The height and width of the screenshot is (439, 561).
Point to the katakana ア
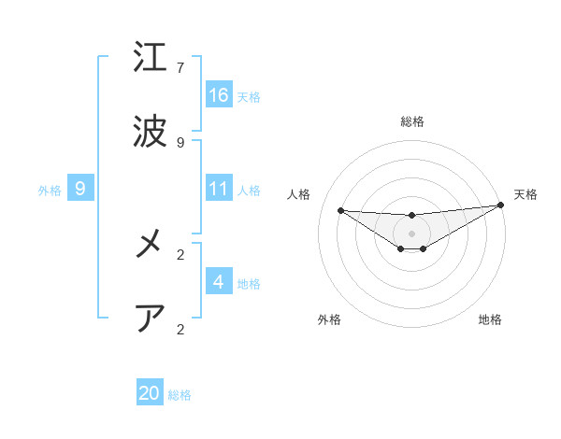pyautogui.click(x=151, y=319)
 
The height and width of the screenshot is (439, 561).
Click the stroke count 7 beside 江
pyautogui.click(x=180, y=68)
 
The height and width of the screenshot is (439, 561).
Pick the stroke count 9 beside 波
pyautogui.click(x=180, y=143)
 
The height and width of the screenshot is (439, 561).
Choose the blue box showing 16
pyautogui.click(x=219, y=94)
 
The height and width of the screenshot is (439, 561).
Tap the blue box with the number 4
pyautogui.click(x=219, y=281)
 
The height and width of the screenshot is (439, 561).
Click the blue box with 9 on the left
pyautogui.click(x=80, y=189)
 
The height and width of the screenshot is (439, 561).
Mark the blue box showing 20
pyautogui.click(x=150, y=393)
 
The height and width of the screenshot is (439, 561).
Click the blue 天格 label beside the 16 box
pyautogui.click(x=249, y=96)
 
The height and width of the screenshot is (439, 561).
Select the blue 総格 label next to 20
pyautogui.click(x=180, y=395)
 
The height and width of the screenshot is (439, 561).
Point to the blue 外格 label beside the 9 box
pyautogui.click(x=50, y=190)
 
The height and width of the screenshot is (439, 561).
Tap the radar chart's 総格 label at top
pyautogui.click(x=412, y=121)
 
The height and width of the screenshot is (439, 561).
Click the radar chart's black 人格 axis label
pyautogui.click(x=299, y=194)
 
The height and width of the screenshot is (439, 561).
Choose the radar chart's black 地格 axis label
pyautogui.click(x=490, y=319)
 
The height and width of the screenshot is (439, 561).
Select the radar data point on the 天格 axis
pyautogui.click(x=501, y=205)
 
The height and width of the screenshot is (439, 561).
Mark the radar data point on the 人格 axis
pyautogui.click(x=340, y=210)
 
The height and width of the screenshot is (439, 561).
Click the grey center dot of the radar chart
pyautogui.click(x=412, y=233)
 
